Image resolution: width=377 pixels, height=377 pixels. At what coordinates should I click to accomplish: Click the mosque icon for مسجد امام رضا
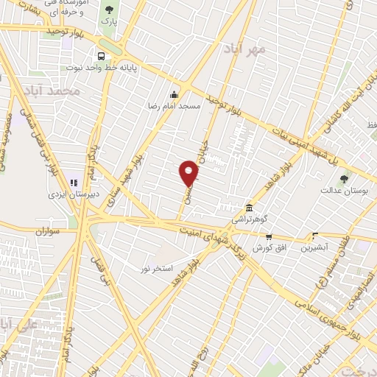(x=174, y=94)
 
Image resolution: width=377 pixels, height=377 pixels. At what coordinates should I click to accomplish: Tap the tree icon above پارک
(x=110, y=10)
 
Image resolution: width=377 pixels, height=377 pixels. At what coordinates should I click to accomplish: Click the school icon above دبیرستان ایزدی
(x=73, y=183)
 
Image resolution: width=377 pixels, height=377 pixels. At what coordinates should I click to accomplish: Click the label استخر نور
(x=156, y=269)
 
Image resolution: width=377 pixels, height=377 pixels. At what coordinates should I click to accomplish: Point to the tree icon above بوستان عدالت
(x=344, y=178)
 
